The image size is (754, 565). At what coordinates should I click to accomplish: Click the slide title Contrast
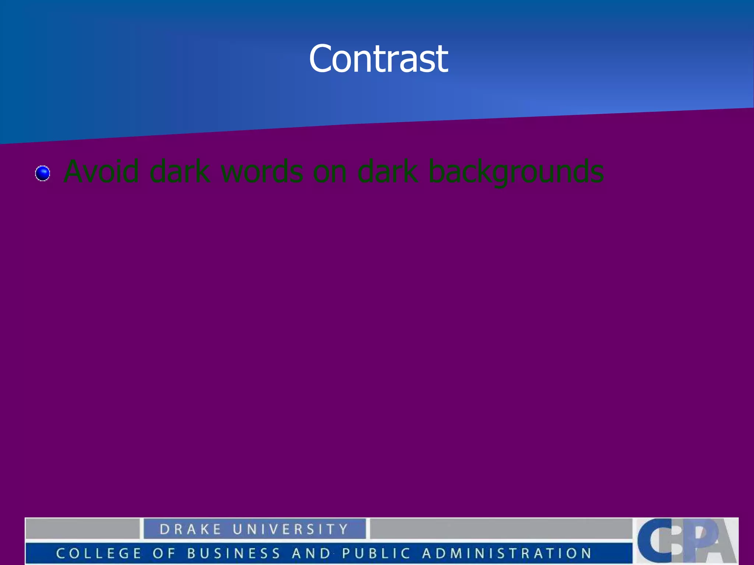(x=378, y=59)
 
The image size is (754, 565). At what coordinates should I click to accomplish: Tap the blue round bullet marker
(x=43, y=173)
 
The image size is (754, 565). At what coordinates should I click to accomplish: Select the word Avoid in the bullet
(x=101, y=171)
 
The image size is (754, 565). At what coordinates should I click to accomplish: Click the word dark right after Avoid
(x=180, y=171)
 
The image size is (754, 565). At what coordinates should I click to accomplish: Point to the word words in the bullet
(x=262, y=171)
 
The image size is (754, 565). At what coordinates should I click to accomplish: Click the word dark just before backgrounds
(x=388, y=171)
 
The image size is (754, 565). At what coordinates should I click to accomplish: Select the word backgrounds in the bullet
(x=516, y=172)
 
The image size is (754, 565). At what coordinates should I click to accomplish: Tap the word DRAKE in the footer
(x=190, y=529)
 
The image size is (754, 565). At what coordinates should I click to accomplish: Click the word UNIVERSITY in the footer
(x=290, y=529)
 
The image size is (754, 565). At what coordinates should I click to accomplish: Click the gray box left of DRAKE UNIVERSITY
(x=82, y=529)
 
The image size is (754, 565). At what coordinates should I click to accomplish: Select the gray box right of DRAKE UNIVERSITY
(x=501, y=529)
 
